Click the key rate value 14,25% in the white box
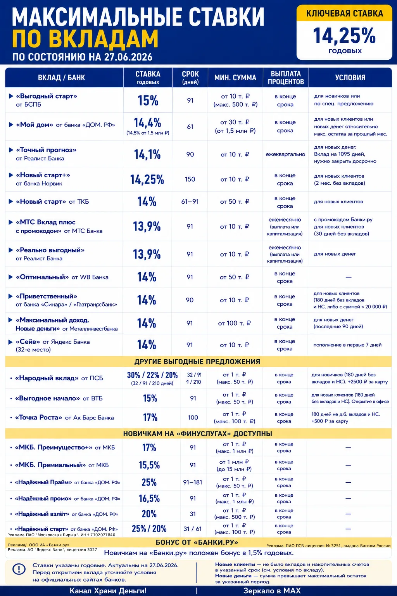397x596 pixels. [344, 36]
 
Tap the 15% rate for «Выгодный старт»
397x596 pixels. [148, 100]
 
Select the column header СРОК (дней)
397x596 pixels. [190, 78]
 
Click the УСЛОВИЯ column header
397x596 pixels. [350, 78]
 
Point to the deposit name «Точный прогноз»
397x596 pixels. [46, 150]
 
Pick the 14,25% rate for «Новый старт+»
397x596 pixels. [147, 180]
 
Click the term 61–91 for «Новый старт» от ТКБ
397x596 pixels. [190, 201]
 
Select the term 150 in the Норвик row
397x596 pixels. [190, 179]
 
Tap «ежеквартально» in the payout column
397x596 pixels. [285, 154]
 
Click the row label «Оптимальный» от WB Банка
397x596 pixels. [62, 277]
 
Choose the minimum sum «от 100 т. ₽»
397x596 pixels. [234, 323]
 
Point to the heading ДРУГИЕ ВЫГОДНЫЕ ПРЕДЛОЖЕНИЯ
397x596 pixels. [197, 362]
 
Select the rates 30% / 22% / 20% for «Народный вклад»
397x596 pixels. [152, 375]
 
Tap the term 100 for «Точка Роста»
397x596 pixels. [193, 418]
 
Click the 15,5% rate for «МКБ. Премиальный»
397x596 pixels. [149, 465]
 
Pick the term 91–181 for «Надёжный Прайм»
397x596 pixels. [193, 482]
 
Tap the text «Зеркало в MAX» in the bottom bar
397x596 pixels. [272, 591]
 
